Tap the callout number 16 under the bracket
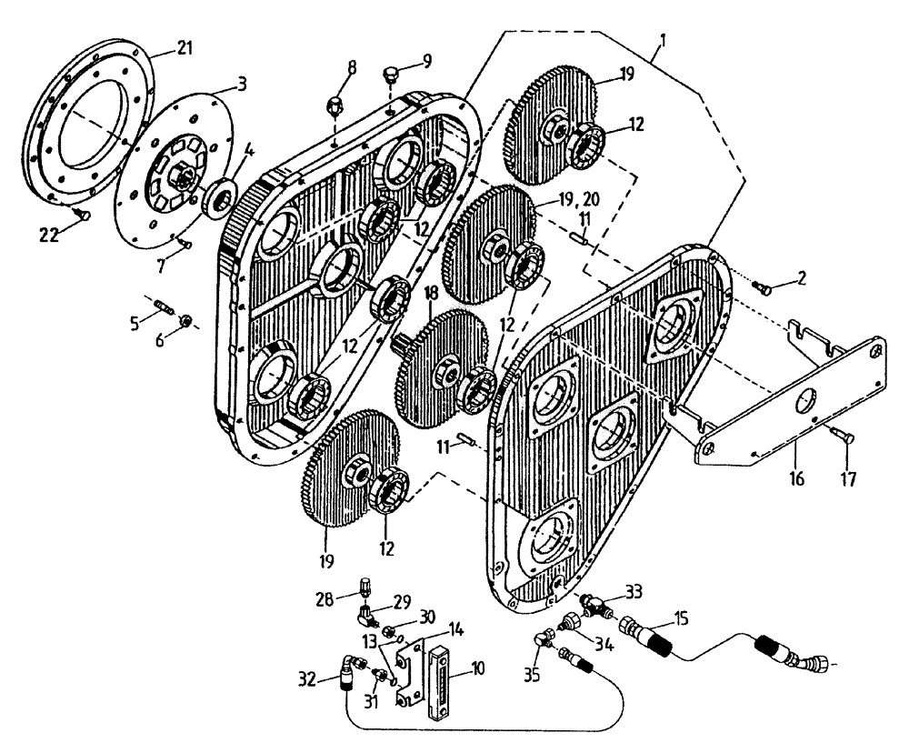(x=796, y=476)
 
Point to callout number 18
(x=432, y=293)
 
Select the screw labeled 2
(x=763, y=288)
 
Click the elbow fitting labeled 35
(x=544, y=640)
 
